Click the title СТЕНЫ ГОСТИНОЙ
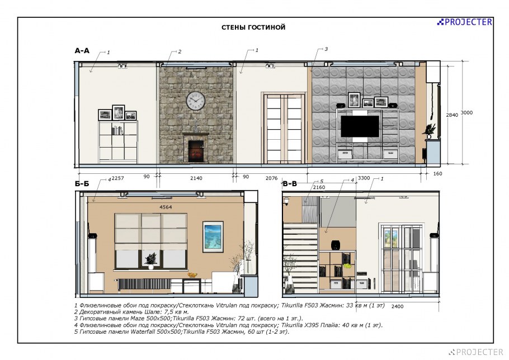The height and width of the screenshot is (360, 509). pos(253,27)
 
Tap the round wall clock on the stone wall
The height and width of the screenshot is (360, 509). pos(196,101)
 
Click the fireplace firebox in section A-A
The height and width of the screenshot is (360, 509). pos(196,151)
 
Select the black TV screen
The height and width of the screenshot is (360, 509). pos(360,126)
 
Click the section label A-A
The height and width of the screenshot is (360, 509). pos(82,51)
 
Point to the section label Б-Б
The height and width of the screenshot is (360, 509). pos(82,184)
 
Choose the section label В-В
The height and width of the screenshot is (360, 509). pos(290,184)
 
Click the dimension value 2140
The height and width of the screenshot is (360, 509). pos(196,178)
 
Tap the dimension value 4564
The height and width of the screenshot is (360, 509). pos(166,207)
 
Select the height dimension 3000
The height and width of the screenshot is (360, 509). pos(467,112)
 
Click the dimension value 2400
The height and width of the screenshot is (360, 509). pos(397,306)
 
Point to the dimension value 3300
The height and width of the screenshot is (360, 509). pos(364,178)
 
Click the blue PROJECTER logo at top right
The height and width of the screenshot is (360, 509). pos(464,22)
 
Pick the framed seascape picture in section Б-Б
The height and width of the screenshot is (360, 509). pos(213,237)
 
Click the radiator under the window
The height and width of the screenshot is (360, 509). pos(144,285)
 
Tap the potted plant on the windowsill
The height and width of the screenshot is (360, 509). pos(150,260)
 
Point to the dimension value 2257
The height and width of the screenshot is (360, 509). pos(118,178)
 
